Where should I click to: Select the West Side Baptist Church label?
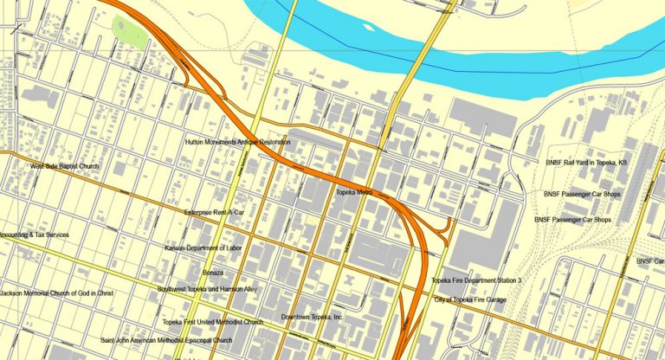point(65,166)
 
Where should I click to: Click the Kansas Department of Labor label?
point(203,247)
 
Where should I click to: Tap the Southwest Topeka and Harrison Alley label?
point(207,288)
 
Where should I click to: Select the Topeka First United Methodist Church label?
point(212,322)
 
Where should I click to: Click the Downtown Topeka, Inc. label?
point(312,318)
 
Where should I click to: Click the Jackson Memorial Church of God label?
point(56,293)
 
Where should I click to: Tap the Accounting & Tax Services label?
point(35,235)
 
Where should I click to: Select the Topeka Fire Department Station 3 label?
point(476,281)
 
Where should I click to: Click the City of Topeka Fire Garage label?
point(468,299)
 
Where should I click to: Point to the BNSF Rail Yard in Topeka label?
point(585,162)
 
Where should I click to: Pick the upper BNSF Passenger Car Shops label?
point(578,195)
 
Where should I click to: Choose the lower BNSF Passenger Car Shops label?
point(572,220)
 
